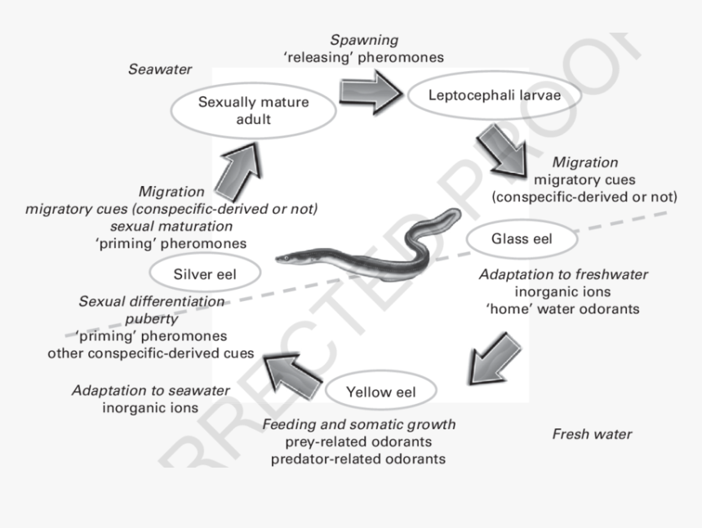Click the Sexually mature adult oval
(x=253, y=111)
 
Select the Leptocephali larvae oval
(x=493, y=95)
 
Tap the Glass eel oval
(x=522, y=239)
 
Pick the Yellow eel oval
(x=380, y=392)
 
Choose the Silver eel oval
(x=205, y=274)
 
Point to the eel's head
(x=284, y=259)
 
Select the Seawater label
(x=160, y=69)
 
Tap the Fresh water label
(x=592, y=434)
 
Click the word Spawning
(x=364, y=39)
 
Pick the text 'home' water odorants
(x=563, y=309)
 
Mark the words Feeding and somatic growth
(x=359, y=424)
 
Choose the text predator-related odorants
(x=359, y=459)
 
